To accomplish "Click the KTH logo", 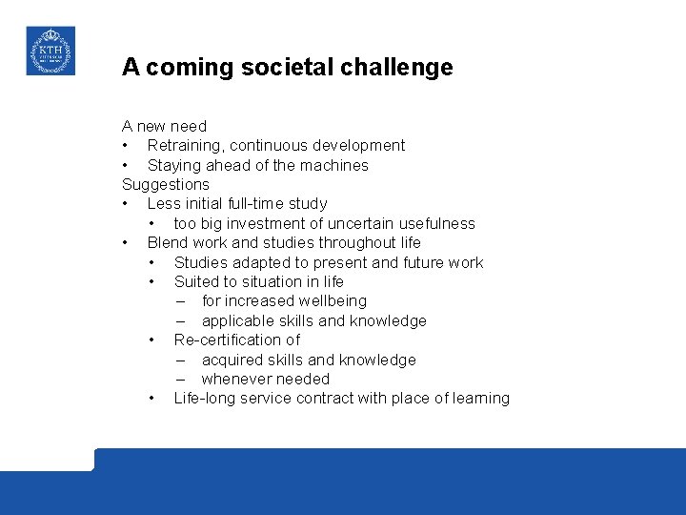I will pos(50,51).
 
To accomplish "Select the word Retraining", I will pos(186,146).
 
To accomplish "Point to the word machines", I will pos(334,165).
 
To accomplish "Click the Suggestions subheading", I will pos(165,184).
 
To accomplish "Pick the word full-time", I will pos(251,204).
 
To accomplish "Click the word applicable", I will pos(238,320).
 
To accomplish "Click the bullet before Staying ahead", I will pos(126,165).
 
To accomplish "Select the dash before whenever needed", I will pos(181,379).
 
